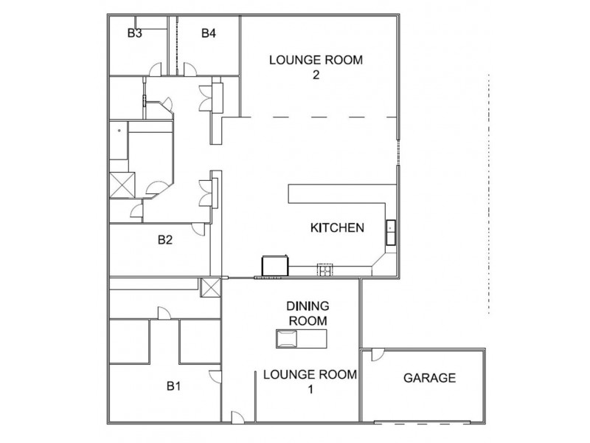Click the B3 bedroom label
tap(134, 32)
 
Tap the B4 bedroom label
tap(209, 32)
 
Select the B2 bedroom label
tap(165, 239)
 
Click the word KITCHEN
tap(337, 227)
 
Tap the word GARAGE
tap(429, 378)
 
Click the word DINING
tap(308, 306)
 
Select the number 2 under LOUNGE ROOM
tap(316, 75)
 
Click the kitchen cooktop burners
tap(324, 269)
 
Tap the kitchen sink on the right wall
tap(390, 233)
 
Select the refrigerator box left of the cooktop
tap(274, 266)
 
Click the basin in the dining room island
tap(286, 339)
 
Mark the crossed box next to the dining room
tap(211, 288)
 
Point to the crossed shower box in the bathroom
tap(122, 182)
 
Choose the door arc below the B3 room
tap(156, 69)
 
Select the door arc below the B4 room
tap(189, 69)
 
